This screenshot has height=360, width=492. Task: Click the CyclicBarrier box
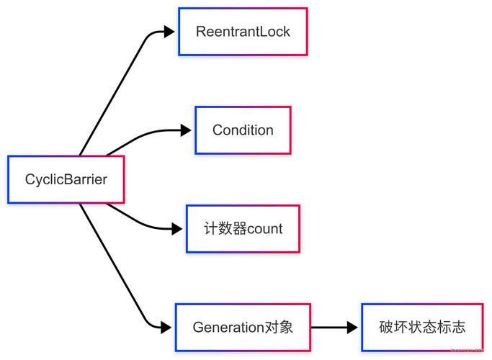(x=66, y=179)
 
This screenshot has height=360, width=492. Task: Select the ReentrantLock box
(x=243, y=32)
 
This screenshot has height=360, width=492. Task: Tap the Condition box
(x=243, y=130)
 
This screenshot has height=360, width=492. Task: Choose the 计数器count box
(x=243, y=229)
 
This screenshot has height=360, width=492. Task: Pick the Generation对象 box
(x=243, y=328)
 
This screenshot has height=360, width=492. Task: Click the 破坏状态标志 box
(x=422, y=328)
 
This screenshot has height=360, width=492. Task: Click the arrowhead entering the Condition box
(x=186, y=130)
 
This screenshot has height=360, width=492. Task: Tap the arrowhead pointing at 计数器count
(x=177, y=229)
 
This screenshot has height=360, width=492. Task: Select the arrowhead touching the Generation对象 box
(x=166, y=328)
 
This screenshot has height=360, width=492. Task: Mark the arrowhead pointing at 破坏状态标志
(x=352, y=328)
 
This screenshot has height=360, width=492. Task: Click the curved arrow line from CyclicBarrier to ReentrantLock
(x=115, y=94)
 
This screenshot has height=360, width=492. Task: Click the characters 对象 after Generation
(x=280, y=328)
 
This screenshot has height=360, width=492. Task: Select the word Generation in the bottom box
(x=229, y=328)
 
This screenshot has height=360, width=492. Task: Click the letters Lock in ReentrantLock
(x=274, y=32)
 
